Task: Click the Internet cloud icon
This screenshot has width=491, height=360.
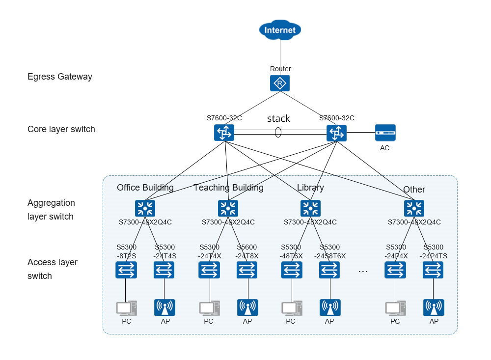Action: [x=280, y=30]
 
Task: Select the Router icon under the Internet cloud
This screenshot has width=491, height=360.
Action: [x=280, y=83]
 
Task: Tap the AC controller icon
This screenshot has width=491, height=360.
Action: [x=385, y=133]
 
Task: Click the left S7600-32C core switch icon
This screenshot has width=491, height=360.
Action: [x=224, y=133]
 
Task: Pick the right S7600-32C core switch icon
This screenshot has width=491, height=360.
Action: [x=336, y=133]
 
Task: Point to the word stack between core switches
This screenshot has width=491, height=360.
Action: [x=278, y=119]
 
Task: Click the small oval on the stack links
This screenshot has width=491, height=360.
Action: [x=278, y=133]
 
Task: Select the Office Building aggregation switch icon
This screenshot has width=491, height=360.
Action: [x=145, y=208]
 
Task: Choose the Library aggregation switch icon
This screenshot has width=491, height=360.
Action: [x=310, y=208]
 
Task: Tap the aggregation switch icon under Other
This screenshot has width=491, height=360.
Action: [x=414, y=208]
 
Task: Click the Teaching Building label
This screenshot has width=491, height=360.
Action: [x=228, y=188]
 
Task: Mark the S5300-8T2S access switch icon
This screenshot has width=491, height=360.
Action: [x=126, y=270]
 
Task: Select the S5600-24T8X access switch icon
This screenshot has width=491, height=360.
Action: [x=247, y=270]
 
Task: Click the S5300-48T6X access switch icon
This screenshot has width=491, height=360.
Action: [x=291, y=270]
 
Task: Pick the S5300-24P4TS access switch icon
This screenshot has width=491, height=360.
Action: [x=433, y=270]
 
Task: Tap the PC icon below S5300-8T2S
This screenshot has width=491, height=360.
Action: [x=126, y=308]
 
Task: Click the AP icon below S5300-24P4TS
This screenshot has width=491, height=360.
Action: [x=434, y=308]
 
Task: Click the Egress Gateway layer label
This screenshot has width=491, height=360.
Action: [x=60, y=77]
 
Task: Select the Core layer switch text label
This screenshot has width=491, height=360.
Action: [x=61, y=129]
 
